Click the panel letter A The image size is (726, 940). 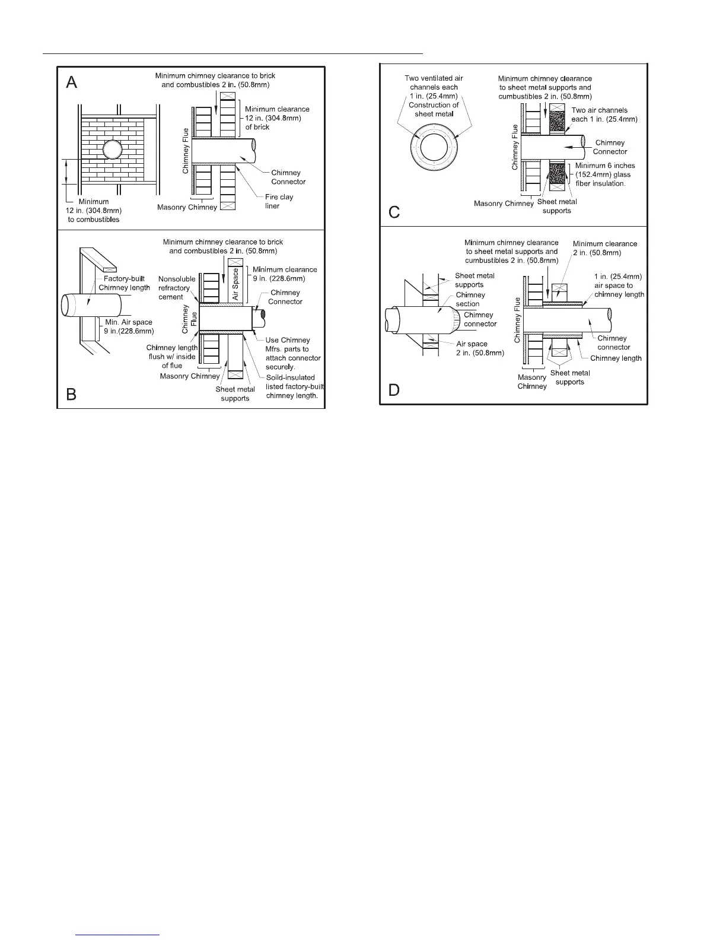click(71, 82)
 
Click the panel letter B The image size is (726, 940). click(71, 394)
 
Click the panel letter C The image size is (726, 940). click(394, 212)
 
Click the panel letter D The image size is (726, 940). click(394, 390)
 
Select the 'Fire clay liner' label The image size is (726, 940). click(279, 201)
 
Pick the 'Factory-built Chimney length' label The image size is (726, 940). click(125, 283)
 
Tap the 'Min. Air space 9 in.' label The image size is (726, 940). click(129, 326)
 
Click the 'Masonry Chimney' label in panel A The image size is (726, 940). click(187, 207)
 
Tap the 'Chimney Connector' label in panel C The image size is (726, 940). click(610, 147)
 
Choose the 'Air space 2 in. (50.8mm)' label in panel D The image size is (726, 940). click(480, 348)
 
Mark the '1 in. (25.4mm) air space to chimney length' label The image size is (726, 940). click(619, 285)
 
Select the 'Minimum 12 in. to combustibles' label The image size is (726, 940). click(94, 211)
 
